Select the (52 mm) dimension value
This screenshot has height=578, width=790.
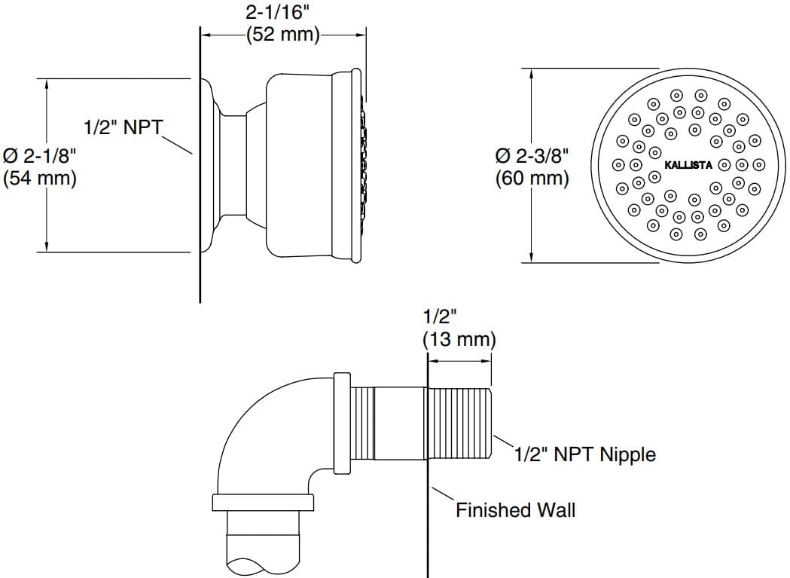click(283, 35)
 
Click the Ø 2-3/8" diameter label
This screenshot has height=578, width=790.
click(532, 157)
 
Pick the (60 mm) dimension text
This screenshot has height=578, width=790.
click(532, 179)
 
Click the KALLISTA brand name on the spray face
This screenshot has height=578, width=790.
click(688, 165)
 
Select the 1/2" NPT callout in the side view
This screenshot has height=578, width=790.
click(122, 127)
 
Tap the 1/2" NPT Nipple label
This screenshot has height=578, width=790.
click(584, 454)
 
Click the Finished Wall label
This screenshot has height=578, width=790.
click(515, 510)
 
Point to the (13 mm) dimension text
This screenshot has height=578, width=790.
click(459, 339)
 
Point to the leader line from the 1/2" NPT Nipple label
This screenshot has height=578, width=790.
click(502, 443)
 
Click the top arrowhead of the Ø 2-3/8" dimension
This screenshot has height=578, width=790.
click(532, 74)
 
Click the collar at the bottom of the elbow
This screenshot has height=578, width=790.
click(262, 503)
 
